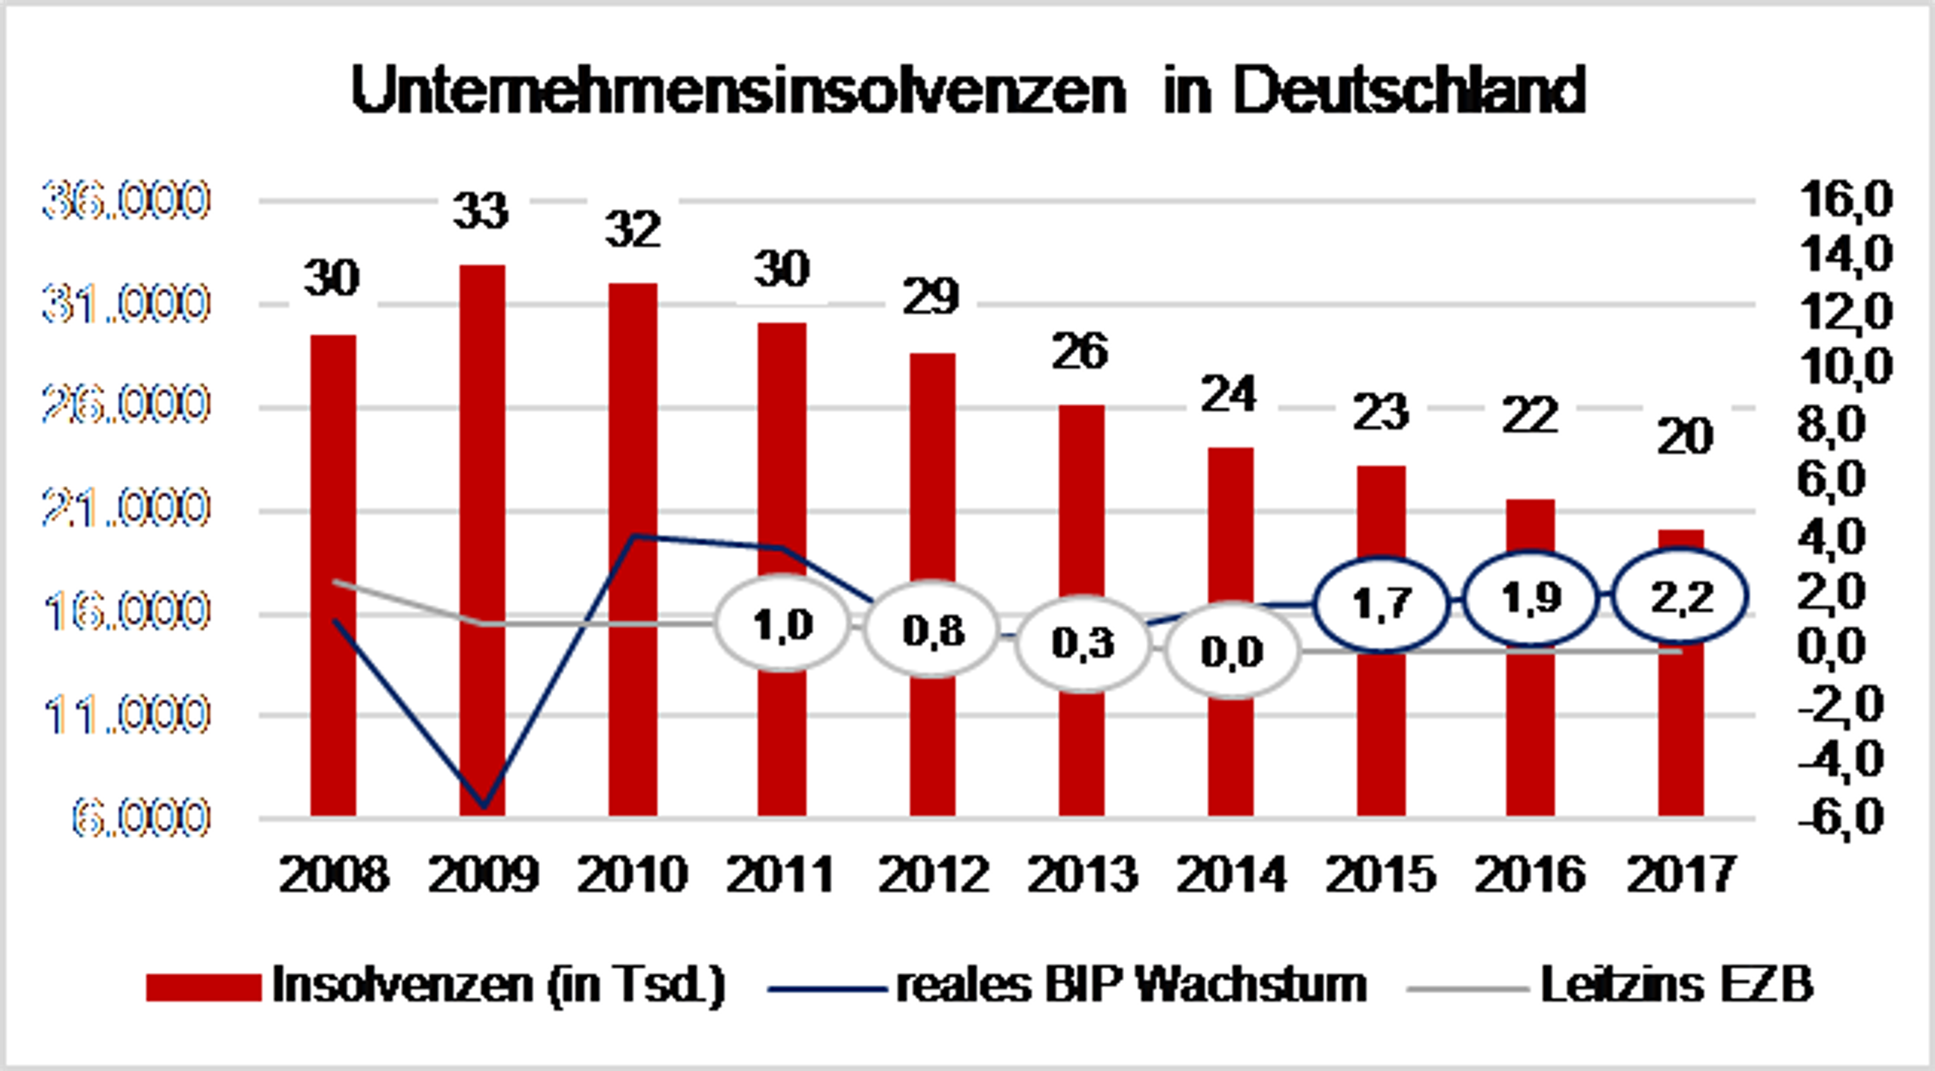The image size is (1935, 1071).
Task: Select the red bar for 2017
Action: point(1681,721)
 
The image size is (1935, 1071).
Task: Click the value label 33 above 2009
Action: point(481,211)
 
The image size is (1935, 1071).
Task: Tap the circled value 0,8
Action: point(933,630)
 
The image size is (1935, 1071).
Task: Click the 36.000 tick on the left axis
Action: point(125,201)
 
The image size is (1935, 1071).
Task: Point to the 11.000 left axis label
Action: point(125,715)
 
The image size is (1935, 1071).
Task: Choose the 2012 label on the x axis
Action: point(933,875)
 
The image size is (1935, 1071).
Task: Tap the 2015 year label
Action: point(1381,875)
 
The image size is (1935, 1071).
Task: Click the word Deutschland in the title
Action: point(1409,91)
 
